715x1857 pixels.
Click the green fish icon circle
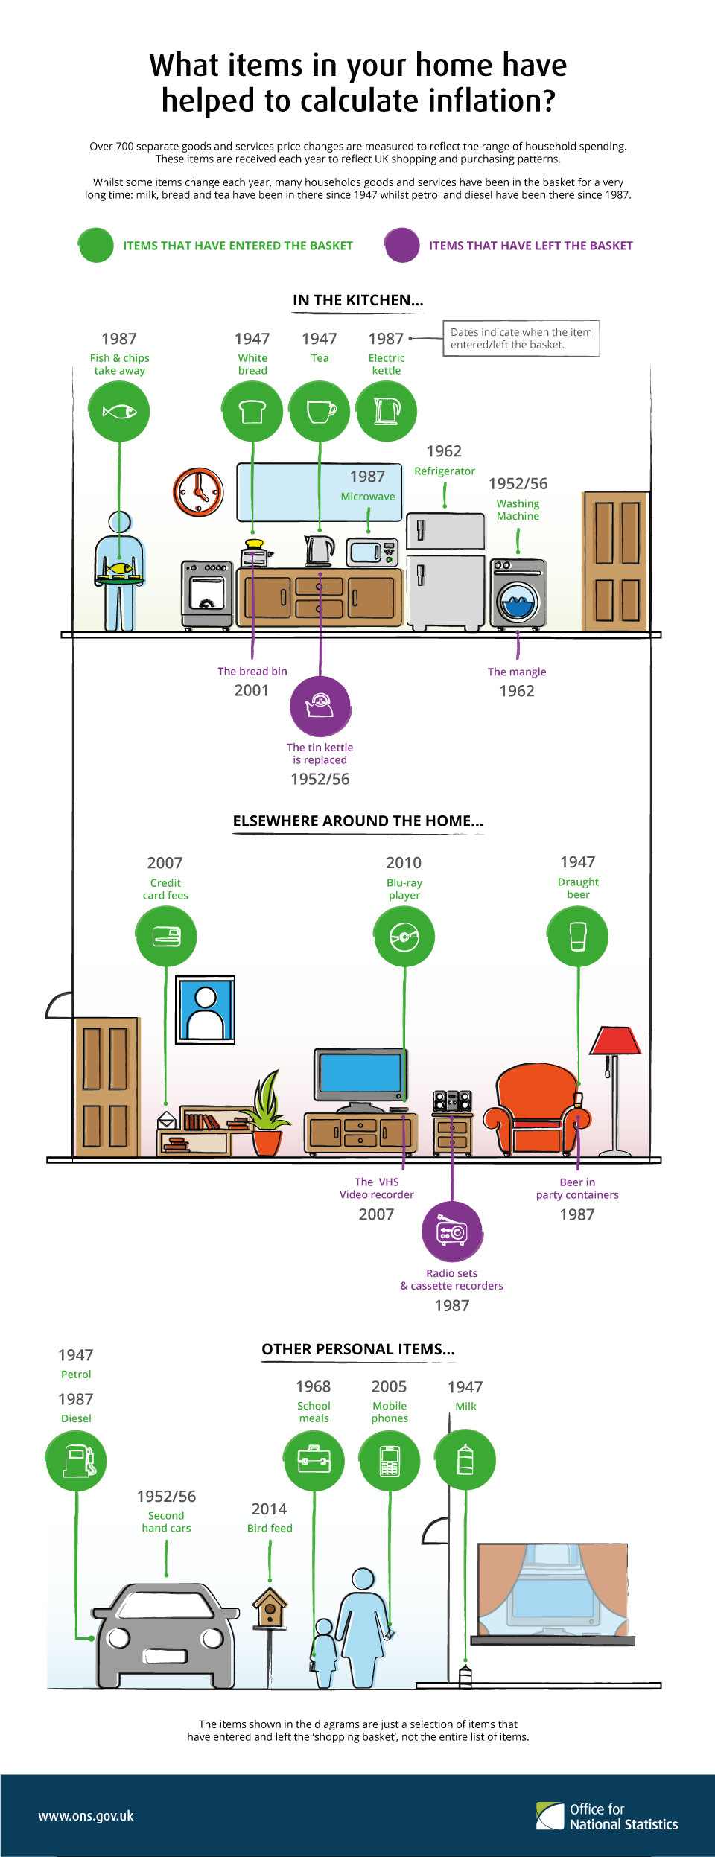pyautogui.click(x=119, y=411)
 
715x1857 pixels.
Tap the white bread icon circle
pyautogui.click(x=252, y=411)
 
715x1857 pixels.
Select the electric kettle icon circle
pyautogui.click(x=387, y=411)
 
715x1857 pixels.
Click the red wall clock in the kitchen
pyautogui.click(x=198, y=492)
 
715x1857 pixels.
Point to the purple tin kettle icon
pyautogui.click(x=320, y=706)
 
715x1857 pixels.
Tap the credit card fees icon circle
pyautogui.click(x=166, y=936)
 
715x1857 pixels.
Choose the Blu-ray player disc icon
pyautogui.click(x=404, y=936)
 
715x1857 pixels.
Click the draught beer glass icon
pyautogui.click(x=578, y=936)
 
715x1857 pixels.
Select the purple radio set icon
pyautogui.click(x=453, y=1232)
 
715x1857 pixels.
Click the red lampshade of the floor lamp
pyautogui.click(x=615, y=1040)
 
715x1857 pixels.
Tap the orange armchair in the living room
pyautogui.click(x=536, y=1109)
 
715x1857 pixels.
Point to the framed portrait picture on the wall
pyautogui.click(x=206, y=1010)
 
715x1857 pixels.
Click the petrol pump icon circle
pyautogui.click(x=76, y=1461)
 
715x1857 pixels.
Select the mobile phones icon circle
pyautogui.click(x=390, y=1460)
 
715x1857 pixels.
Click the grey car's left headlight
pyautogui.click(x=118, y=1639)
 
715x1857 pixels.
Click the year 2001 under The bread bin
pyautogui.click(x=252, y=690)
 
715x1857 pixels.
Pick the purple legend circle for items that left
pyautogui.click(x=402, y=245)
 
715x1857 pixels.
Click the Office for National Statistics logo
pyautogui.click(x=607, y=1816)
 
